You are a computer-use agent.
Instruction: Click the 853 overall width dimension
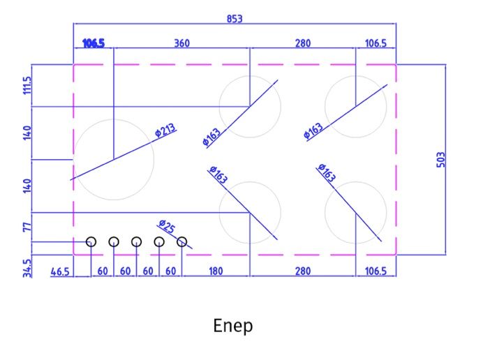(x=235, y=19)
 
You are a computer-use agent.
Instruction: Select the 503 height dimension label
(x=441, y=160)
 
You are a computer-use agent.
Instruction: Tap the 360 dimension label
(x=181, y=43)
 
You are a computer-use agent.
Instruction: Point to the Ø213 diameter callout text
(x=165, y=130)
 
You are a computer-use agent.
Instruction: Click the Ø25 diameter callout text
(x=167, y=226)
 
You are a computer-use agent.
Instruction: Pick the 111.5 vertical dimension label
(x=27, y=85)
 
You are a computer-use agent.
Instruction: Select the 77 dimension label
(x=27, y=227)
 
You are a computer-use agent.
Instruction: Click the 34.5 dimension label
(x=27, y=268)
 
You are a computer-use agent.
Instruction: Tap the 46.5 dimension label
(x=60, y=271)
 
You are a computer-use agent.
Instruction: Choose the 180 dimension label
(x=216, y=271)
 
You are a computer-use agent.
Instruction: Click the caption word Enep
(x=233, y=326)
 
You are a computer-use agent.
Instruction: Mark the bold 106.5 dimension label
(x=94, y=43)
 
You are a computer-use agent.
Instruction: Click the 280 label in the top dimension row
(x=303, y=43)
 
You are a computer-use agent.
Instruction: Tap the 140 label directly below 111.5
(x=27, y=133)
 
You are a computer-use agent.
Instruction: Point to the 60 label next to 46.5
(x=103, y=271)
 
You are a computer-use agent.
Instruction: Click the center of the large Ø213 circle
(x=114, y=160)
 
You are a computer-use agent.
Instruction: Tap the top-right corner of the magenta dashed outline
(x=396, y=65)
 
